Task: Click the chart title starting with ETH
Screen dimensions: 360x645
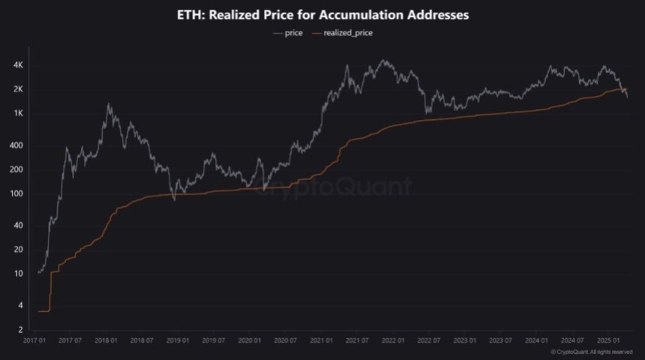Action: [322, 14]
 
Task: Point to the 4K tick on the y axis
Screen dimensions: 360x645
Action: [19, 66]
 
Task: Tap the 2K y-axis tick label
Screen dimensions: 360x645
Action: [19, 90]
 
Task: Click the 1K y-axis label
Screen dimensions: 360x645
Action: [19, 114]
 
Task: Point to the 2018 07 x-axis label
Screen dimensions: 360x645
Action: [142, 340]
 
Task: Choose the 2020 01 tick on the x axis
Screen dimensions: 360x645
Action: [250, 340]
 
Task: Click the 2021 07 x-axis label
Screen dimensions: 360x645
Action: [357, 340]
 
